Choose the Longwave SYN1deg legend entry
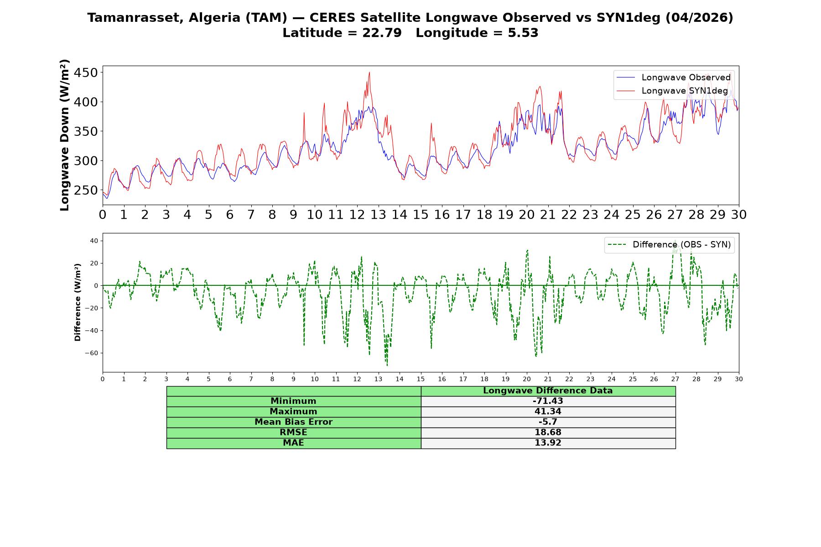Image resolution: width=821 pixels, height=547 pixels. tap(672, 91)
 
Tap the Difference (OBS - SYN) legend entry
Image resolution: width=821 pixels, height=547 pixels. tap(669, 245)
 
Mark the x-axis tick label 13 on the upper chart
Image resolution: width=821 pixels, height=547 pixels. tap(378, 215)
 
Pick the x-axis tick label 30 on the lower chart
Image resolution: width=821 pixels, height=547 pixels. tap(739, 379)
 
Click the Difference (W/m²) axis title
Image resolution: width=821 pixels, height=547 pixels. tap(78, 302)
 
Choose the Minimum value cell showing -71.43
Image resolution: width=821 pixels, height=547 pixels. tap(548, 401)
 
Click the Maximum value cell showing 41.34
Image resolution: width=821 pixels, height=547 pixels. tap(548, 412)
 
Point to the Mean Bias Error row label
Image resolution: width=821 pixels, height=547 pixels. tap(294, 422)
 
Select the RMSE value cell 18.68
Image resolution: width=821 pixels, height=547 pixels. tap(548, 433)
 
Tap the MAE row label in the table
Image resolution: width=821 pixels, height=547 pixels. tap(294, 443)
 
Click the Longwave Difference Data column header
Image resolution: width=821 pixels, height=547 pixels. tap(548, 391)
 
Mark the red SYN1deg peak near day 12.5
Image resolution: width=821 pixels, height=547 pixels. tap(369, 72)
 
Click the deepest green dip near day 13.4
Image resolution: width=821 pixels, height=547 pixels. tap(387, 365)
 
